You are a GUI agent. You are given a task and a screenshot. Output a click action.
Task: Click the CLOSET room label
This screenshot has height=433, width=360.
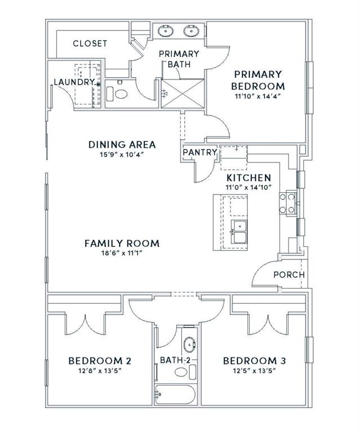click(90, 43)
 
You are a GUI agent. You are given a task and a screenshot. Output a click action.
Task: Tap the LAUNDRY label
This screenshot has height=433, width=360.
click(73, 82)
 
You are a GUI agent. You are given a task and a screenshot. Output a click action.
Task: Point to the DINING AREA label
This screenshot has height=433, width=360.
click(122, 145)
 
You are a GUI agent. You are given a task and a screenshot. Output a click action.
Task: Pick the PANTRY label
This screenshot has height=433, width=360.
click(200, 152)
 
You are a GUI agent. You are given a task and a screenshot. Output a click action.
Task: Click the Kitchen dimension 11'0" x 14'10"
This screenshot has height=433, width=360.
click(249, 187)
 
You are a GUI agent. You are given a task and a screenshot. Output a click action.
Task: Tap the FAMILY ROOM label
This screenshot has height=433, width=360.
click(122, 244)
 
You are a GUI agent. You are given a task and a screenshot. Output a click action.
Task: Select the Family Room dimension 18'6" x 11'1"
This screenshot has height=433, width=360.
click(122, 253)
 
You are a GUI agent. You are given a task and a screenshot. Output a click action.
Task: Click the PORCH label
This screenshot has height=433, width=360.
click(288, 275)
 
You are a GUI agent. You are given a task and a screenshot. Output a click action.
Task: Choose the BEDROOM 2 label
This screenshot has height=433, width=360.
click(100, 361)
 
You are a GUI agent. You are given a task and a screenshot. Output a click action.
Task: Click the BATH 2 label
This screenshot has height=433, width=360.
click(177, 360)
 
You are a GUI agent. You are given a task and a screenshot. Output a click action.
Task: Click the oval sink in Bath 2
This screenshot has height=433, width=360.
click(189, 343)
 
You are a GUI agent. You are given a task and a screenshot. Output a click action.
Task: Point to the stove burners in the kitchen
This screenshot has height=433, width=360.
click(290, 203)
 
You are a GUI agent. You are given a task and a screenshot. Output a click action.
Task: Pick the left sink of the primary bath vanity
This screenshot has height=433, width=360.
click(167, 30)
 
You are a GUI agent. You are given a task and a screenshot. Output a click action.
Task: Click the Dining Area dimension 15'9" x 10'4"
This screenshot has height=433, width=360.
click(122, 154)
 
